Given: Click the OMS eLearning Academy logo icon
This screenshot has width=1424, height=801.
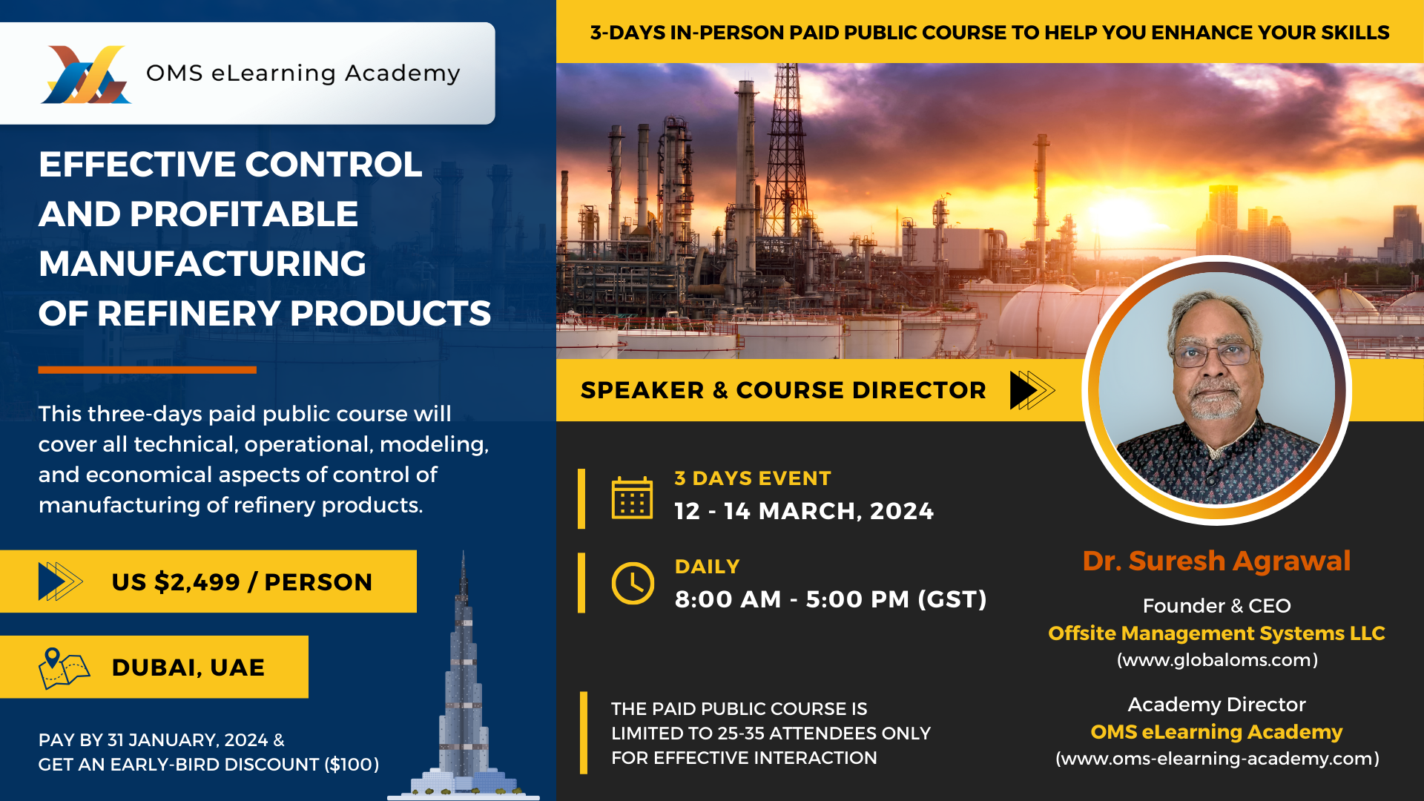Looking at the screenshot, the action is [86, 74].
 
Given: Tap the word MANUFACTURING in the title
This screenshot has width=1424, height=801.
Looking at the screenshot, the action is [202, 264].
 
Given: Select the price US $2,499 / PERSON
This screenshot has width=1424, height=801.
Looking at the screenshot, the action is [242, 582].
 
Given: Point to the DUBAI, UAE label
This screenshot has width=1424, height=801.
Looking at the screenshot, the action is [188, 667].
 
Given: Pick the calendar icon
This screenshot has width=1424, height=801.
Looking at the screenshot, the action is [632, 497].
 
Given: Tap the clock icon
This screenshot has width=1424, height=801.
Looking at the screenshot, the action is [633, 583].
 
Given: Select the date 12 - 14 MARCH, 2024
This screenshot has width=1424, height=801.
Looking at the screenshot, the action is [804, 511].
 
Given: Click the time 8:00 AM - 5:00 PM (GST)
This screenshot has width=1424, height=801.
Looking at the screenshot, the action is [831, 599].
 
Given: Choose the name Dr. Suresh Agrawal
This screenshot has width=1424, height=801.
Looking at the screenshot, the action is [1216, 561].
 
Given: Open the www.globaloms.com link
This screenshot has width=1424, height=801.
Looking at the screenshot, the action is [1217, 660].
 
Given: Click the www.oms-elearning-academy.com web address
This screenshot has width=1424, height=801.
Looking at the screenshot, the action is [1217, 759].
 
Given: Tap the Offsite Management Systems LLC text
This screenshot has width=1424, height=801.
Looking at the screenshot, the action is [1216, 633].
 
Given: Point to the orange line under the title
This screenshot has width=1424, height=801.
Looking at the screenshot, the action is [148, 369].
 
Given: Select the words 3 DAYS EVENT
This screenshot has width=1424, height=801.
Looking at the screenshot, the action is [753, 478].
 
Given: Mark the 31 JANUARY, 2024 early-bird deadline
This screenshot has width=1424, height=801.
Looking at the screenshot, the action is [188, 740].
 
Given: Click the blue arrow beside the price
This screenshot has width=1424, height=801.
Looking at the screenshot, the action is [60, 581].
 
